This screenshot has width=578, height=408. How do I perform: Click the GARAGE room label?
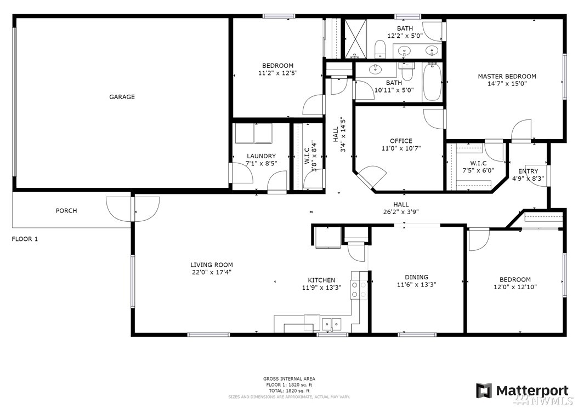click(122, 97)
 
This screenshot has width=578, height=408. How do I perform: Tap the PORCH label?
click(66, 211)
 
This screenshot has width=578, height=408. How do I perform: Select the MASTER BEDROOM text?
click(507, 76)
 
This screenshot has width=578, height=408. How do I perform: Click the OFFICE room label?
click(401, 141)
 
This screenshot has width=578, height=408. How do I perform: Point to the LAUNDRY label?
click(262, 156)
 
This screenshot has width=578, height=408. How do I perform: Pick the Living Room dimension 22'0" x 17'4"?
click(212, 273)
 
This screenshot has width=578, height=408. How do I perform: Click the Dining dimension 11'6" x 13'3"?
click(417, 284)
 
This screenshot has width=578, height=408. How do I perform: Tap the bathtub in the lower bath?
click(432, 82)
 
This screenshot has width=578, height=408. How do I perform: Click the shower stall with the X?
click(356, 39)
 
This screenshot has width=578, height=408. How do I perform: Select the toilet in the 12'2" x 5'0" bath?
click(379, 49)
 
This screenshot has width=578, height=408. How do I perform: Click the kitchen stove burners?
click(359, 289)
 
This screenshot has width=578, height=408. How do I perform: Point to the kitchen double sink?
click(332, 324)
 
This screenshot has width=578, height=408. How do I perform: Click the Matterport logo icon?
click(484, 390)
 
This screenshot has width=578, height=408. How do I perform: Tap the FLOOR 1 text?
click(25, 239)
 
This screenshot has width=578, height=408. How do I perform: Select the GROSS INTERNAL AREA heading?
click(289, 378)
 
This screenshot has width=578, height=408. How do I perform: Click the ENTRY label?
click(528, 171)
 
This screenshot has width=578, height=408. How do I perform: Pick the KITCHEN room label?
click(321, 280)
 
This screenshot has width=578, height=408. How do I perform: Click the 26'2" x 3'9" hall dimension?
click(401, 212)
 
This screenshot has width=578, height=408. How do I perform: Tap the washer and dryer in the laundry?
click(253, 133)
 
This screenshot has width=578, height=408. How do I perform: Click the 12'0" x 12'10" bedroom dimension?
click(515, 287)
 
